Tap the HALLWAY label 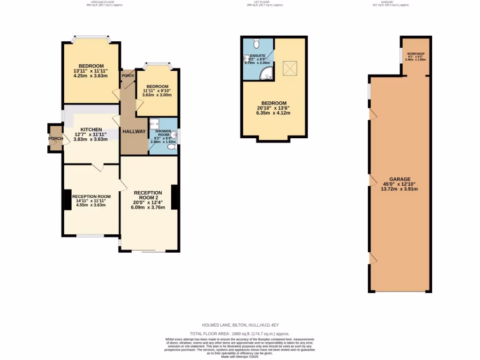[134, 132]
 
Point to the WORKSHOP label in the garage [415, 54]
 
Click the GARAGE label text [400, 179]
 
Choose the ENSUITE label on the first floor [257, 55]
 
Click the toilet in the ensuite [256, 44]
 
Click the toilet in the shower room [172, 147]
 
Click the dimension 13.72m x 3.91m [400, 189]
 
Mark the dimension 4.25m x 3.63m [91, 76]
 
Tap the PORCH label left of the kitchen [55, 139]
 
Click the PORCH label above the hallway [127, 76]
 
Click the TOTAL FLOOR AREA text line [240, 333]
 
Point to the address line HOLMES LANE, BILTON [240, 325]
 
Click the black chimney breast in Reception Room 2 [174, 197]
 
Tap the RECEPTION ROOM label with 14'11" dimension [91, 196]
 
